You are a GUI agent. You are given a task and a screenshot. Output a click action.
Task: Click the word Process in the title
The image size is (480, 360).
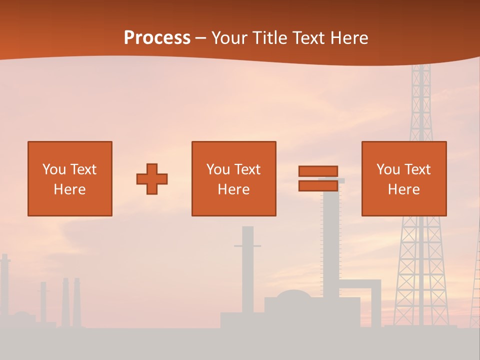(x=157, y=38)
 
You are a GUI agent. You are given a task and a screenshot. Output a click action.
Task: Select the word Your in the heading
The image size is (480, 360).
(x=229, y=38)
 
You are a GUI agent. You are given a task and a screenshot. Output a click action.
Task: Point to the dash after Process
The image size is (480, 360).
(x=200, y=38)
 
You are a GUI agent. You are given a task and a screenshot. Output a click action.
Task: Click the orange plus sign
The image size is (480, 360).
(x=152, y=179)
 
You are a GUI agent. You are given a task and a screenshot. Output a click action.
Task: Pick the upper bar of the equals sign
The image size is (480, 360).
(x=318, y=171)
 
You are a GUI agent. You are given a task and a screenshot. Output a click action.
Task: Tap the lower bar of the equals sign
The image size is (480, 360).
(x=318, y=185)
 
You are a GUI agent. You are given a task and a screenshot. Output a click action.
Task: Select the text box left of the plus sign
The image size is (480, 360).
(x=70, y=178)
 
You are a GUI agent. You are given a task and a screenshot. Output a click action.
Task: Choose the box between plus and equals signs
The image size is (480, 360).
(x=233, y=178)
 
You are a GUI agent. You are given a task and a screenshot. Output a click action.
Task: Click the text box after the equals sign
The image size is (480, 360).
(x=404, y=178)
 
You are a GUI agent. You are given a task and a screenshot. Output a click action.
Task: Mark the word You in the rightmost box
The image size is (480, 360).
(x=387, y=169)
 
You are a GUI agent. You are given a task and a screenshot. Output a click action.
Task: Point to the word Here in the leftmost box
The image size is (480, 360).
(x=69, y=189)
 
